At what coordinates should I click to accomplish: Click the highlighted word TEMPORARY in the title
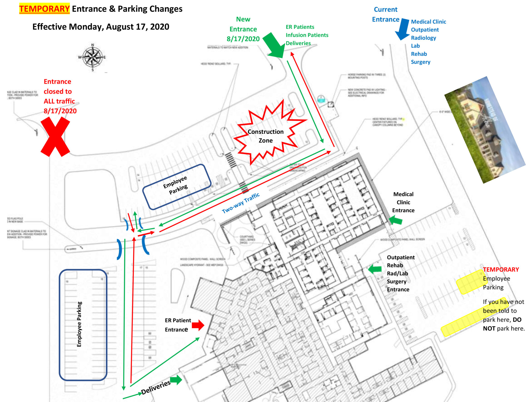click(x=44, y=9)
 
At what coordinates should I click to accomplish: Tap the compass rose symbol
click(x=92, y=57)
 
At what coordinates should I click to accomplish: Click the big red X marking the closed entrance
click(x=55, y=136)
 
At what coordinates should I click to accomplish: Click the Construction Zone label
click(x=265, y=136)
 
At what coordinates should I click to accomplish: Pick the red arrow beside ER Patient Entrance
click(x=198, y=325)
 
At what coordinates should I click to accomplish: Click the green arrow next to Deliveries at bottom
click(x=176, y=380)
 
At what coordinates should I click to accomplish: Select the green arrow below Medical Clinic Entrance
click(x=396, y=220)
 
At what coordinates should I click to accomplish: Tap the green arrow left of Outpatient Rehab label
click(x=375, y=269)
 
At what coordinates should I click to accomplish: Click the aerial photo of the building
click(x=485, y=130)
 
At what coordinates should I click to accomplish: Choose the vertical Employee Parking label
click(x=79, y=324)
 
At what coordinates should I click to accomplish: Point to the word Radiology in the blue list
click(x=423, y=38)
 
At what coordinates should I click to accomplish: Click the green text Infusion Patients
click(x=307, y=35)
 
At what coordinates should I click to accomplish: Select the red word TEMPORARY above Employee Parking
click(x=501, y=269)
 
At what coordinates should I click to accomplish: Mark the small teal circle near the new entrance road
click(x=321, y=99)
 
